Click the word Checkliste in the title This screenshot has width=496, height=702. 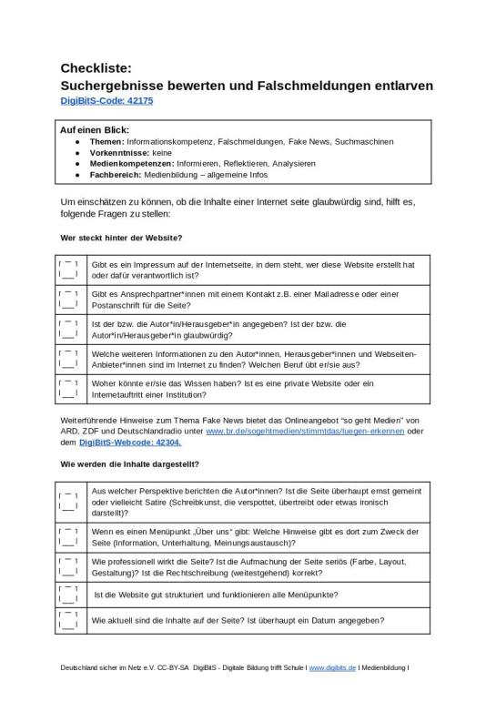point(96,67)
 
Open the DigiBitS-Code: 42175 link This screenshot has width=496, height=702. point(106,101)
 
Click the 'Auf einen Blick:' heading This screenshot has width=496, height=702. point(95,130)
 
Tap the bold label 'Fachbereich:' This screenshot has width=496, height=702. point(116,174)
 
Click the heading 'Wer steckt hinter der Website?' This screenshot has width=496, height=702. point(121,238)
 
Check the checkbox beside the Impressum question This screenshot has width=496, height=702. point(70,270)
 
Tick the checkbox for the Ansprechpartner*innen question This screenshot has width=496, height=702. point(70,300)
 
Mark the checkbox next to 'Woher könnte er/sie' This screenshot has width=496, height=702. point(70,389)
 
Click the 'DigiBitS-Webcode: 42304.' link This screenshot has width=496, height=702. point(130,442)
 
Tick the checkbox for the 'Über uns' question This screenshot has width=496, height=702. point(70,537)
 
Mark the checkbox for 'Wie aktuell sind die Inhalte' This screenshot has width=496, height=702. point(70,620)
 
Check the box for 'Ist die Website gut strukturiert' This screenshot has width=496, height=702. point(70,595)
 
